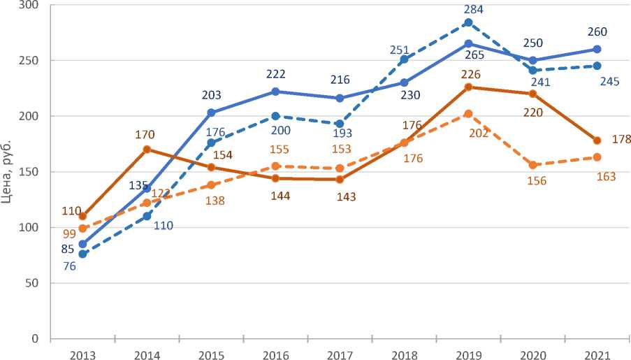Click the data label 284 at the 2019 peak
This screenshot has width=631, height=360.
(474, 9)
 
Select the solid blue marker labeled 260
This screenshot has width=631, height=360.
(597, 49)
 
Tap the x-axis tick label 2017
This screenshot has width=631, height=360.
(340, 354)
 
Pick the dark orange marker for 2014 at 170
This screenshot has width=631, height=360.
(147, 149)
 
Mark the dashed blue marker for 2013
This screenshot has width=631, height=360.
(82, 254)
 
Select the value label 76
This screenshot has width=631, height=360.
(69, 267)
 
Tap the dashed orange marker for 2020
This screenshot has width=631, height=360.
(532, 165)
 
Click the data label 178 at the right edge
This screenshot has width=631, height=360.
(621, 140)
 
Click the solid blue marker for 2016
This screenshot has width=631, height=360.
(275, 92)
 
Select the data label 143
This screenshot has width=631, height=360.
(345, 196)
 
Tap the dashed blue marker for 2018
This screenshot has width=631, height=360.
(404, 59)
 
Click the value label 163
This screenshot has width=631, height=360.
(605, 177)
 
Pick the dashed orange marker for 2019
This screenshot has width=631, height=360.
(468, 114)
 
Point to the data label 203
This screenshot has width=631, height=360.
(211, 97)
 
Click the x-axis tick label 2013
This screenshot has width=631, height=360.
(82, 354)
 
